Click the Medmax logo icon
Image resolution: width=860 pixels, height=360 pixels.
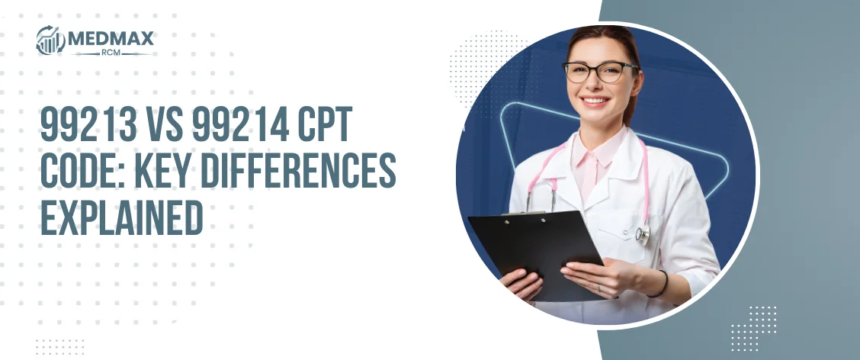(50, 40)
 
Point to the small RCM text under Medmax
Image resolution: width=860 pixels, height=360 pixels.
(111, 53)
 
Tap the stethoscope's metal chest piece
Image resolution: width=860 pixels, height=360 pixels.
(643, 234)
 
